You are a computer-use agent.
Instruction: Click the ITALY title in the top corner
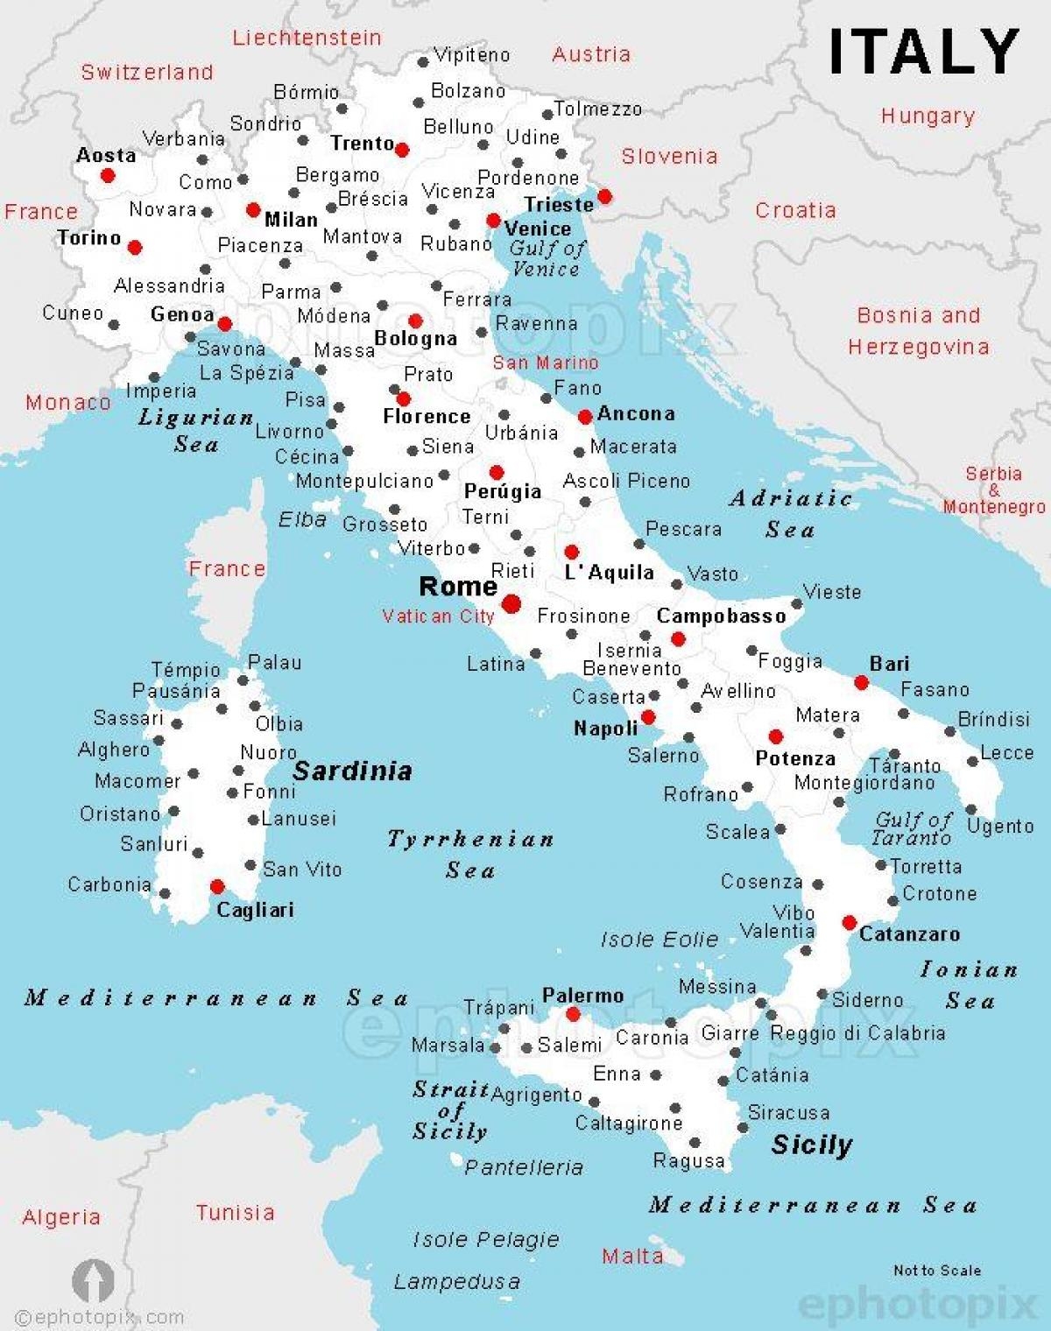(x=923, y=52)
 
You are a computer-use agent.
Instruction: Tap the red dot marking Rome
(x=511, y=602)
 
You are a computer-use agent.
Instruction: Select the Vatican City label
(x=438, y=616)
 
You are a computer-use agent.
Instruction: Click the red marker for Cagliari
(x=217, y=887)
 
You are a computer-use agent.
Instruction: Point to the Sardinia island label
(x=352, y=771)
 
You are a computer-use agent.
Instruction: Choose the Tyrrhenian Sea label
(x=470, y=854)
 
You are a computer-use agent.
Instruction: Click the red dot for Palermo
(x=573, y=1014)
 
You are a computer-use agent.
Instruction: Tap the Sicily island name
(x=811, y=1145)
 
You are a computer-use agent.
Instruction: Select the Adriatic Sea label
(x=790, y=513)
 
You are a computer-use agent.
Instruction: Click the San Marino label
(x=545, y=363)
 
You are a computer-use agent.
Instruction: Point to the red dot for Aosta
(x=108, y=175)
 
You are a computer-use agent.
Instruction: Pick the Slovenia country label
(x=669, y=157)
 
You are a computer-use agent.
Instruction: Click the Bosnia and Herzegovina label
(x=918, y=331)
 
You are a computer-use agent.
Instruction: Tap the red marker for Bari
(x=861, y=682)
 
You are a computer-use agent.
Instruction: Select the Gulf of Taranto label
(x=913, y=828)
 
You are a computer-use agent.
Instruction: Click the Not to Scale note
(x=936, y=1271)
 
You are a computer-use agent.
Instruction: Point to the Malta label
(x=631, y=1257)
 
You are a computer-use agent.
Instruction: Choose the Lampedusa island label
(x=456, y=1283)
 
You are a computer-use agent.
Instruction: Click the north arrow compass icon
(x=93, y=1280)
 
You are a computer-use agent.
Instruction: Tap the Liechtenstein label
(x=307, y=38)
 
